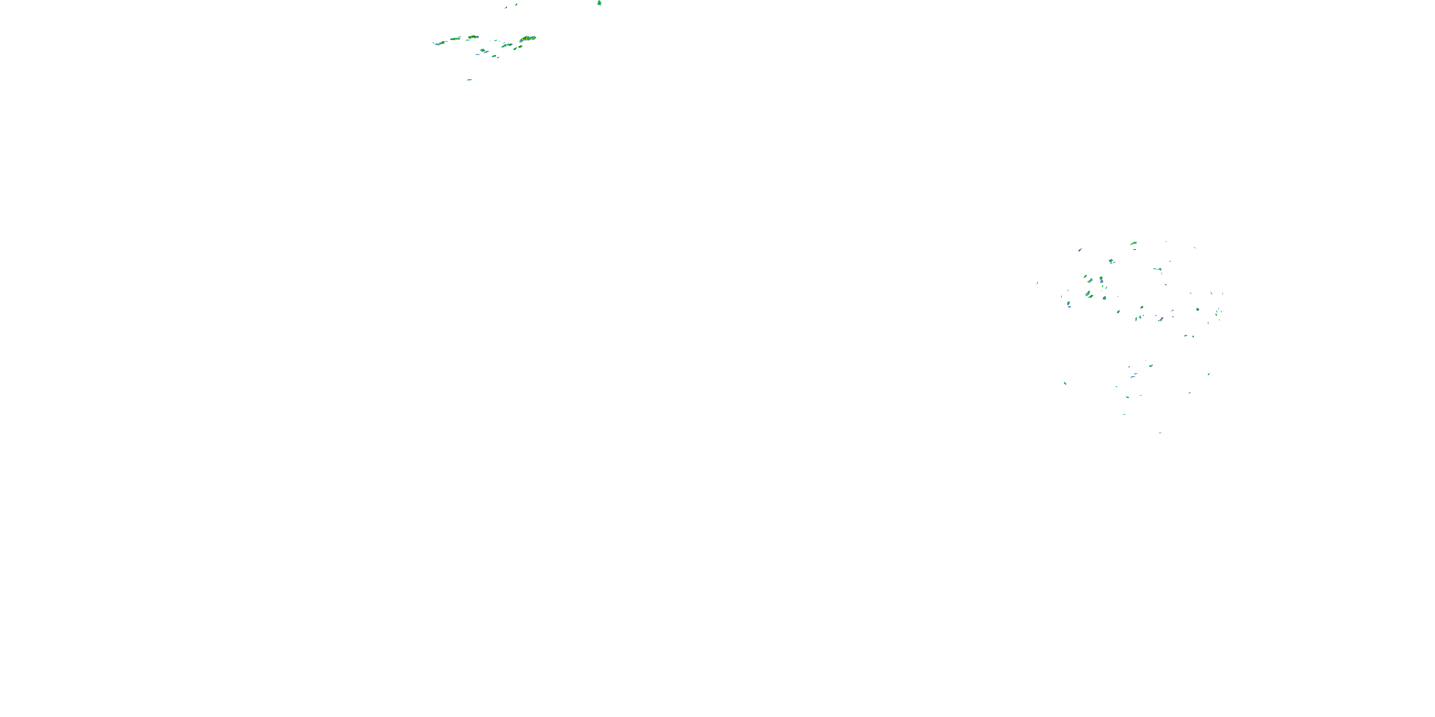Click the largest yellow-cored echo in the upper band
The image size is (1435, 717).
[x=528, y=38]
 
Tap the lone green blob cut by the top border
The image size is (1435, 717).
[x=599, y=3]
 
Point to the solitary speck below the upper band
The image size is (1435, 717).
[x=470, y=80]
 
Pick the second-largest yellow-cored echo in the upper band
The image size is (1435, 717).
[x=473, y=37]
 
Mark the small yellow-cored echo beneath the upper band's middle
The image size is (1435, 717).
[x=483, y=51]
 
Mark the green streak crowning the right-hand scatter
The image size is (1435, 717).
[x=1133, y=243]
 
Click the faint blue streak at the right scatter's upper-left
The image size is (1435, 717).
[x=1080, y=250]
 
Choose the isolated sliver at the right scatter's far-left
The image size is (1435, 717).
[x=1037, y=283]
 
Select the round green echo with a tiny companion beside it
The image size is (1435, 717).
[x=1111, y=261]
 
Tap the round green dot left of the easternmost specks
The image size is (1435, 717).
[x=1198, y=309]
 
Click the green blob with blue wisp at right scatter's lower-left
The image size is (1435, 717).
[x=1069, y=304]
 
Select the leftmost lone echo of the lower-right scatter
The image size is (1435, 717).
[x=1065, y=383]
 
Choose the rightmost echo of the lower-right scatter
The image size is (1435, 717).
[x=1209, y=374]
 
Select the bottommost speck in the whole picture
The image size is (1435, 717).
[x=1160, y=433]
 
